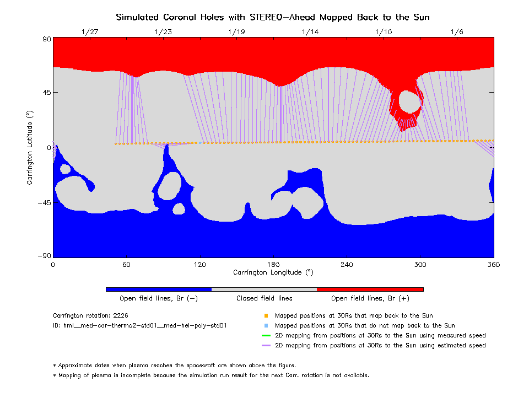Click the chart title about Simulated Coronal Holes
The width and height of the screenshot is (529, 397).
coord(273,17)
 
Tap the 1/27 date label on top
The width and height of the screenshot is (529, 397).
coord(89,32)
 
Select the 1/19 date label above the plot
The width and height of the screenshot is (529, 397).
coord(236,32)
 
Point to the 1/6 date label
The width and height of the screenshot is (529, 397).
coord(457,32)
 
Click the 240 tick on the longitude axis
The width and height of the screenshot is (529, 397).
coord(347,265)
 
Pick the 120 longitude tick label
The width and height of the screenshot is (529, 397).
coord(199,265)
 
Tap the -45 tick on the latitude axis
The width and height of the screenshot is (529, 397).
coord(43,202)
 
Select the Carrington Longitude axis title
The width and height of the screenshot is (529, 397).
coord(273,272)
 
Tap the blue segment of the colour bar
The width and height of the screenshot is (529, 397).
coord(159,289)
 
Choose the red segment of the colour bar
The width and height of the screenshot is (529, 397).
coord(370,289)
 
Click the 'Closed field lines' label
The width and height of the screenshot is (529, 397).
coord(264,298)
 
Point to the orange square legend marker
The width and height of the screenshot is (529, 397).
coord(266,316)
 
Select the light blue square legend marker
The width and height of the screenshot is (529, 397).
coord(266,326)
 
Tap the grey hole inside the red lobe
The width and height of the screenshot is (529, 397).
coord(409,101)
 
